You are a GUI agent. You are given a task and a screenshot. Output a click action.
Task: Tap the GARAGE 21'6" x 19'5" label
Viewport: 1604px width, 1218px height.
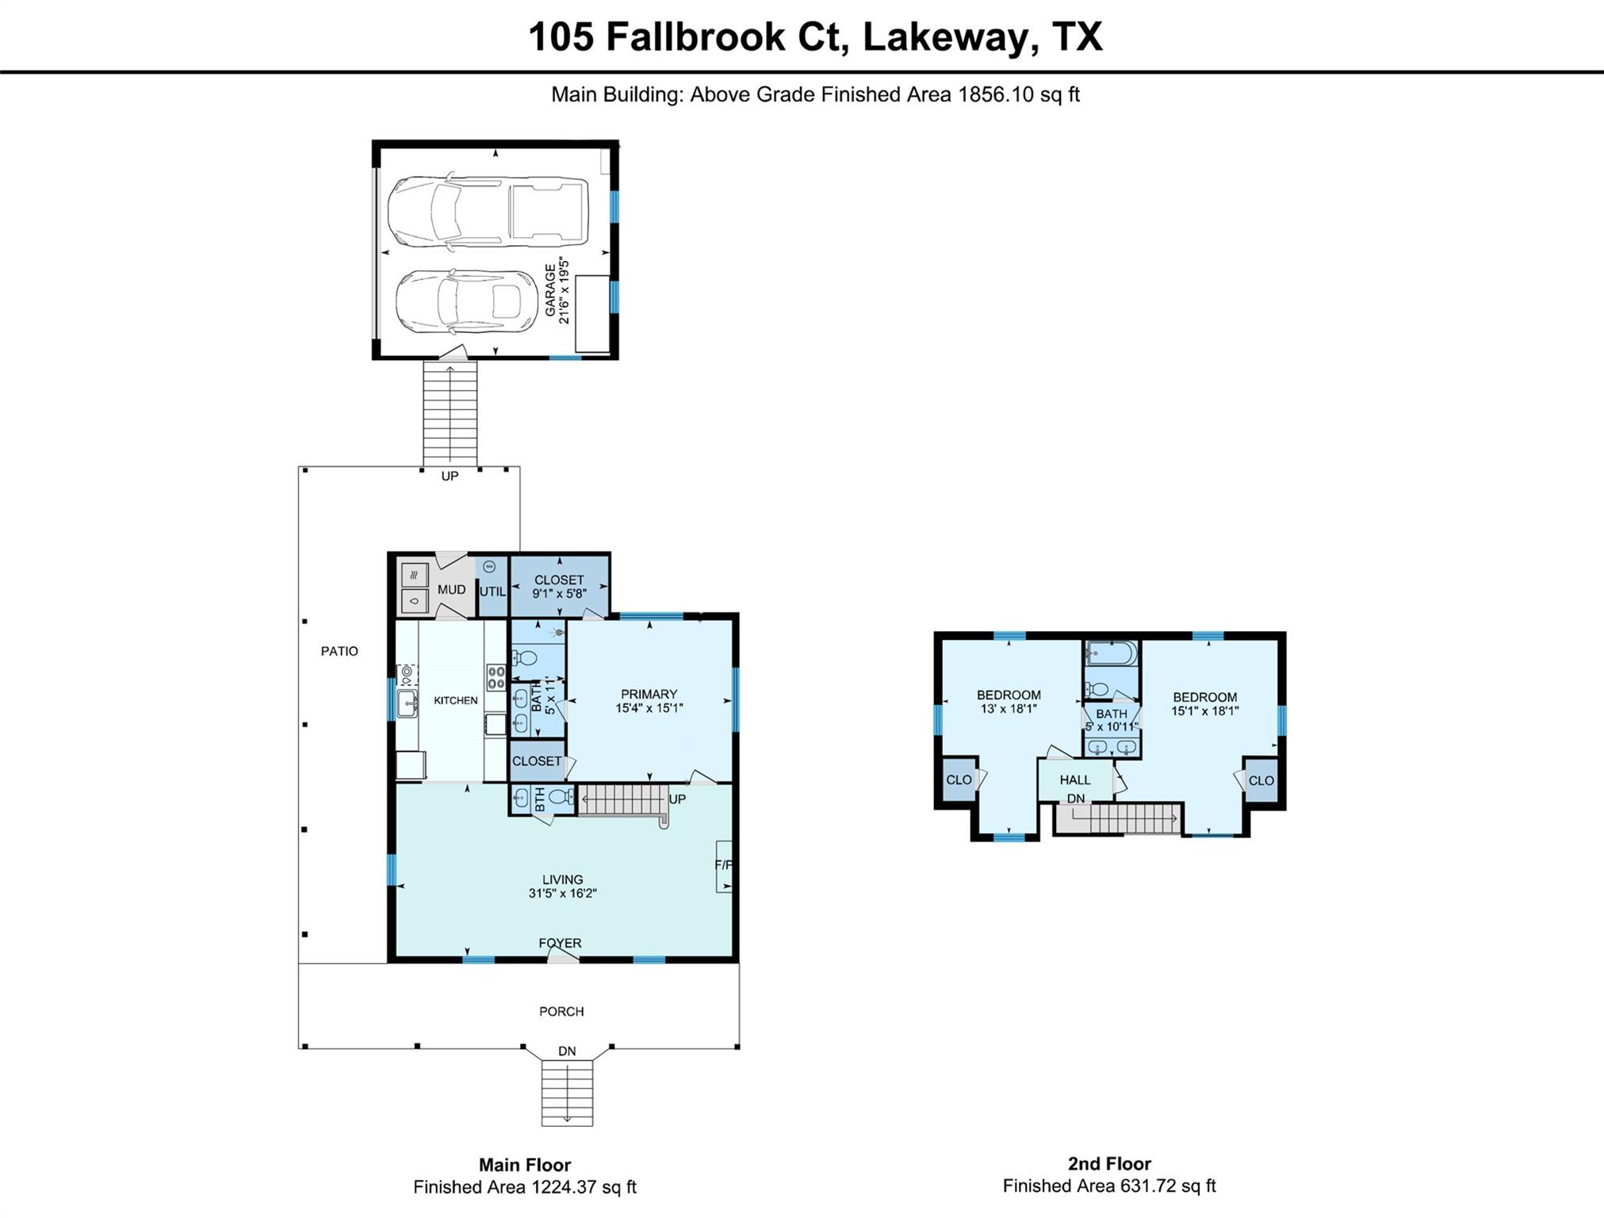(x=557, y=290)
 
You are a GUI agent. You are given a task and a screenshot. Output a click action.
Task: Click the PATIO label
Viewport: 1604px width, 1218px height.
(x=339, y=651)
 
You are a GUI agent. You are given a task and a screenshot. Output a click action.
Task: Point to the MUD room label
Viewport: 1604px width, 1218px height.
(x=451, y=590)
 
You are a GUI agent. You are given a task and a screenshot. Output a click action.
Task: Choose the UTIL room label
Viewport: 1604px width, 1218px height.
(x=492, y=592)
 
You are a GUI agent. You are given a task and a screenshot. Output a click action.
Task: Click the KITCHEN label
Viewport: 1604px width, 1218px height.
(x=455, y=700)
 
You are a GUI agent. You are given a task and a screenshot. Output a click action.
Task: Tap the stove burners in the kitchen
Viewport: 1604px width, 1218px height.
(x=496, y=677)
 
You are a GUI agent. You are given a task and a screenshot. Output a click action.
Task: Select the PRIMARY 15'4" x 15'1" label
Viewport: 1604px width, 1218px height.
(x=649, y=701)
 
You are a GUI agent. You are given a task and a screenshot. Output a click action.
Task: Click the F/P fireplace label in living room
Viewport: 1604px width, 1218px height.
(x=723, y=865)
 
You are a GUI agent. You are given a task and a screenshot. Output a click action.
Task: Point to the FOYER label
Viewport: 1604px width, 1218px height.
(x=560, y=943)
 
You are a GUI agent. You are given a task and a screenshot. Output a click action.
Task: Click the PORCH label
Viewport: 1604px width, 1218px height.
(x=561, y=1011)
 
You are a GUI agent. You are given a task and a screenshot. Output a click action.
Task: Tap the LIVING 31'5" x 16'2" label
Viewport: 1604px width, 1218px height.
(x=562, y=886)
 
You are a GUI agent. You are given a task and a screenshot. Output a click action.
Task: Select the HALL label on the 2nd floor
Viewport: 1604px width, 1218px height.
(x=1075, y=779)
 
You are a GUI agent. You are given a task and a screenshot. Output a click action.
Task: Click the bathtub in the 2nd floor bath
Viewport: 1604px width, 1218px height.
(x=1112, y=654)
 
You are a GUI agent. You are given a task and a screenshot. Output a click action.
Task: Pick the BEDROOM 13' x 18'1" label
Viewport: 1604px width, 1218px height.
(x=1009, y=702)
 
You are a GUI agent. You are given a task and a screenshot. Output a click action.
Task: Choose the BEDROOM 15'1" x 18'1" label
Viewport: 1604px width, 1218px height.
(x=1204, y=704)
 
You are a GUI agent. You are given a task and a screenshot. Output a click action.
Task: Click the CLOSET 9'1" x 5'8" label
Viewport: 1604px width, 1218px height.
(x=559, y=586)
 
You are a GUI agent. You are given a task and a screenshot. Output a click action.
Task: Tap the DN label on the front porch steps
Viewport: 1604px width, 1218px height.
(x=567, y=1051)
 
